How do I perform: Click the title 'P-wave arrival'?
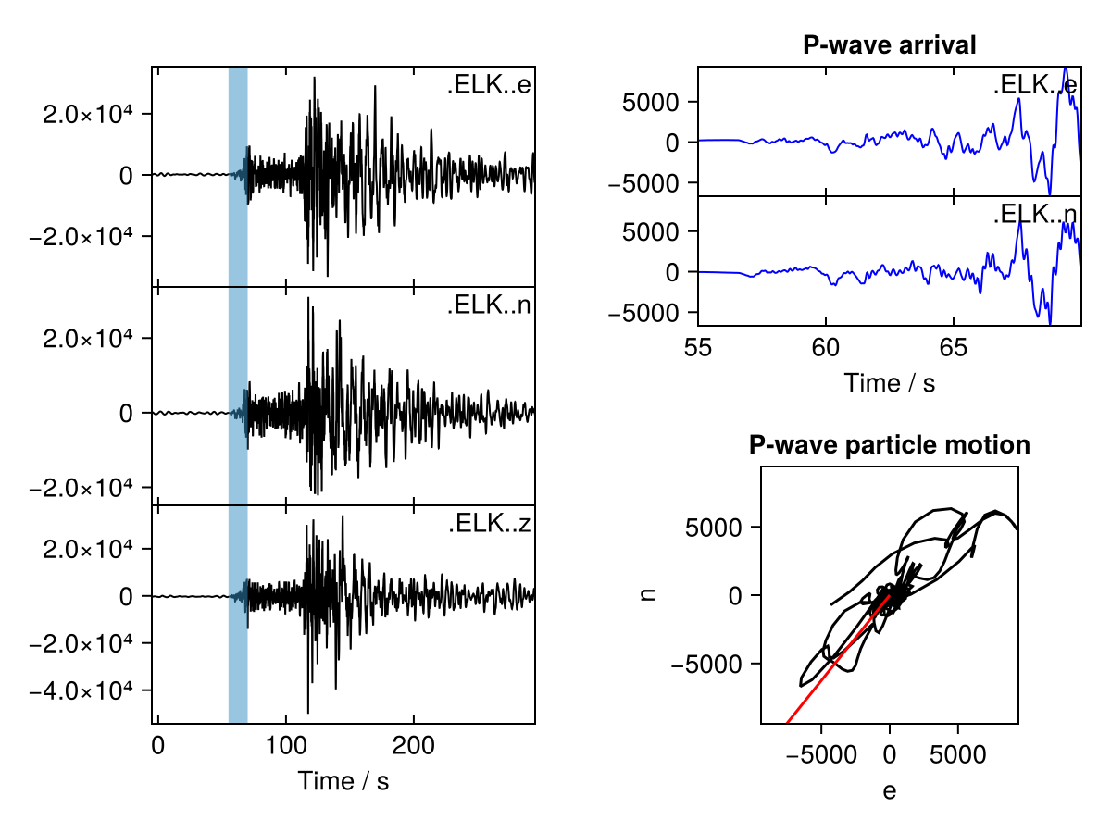point(889,45)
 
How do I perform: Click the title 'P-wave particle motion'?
point(889,445)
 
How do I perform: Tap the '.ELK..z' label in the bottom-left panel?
point(489,525)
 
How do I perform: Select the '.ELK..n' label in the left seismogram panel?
point(489,305)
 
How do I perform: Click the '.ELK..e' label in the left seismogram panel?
point(489,87)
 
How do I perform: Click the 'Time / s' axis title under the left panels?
point(343,781)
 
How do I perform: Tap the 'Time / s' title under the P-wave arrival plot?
point(889,382)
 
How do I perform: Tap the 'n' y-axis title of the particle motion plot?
point(648,595)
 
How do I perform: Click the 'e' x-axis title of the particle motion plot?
point(889,792)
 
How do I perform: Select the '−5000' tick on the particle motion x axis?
point(822,755)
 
